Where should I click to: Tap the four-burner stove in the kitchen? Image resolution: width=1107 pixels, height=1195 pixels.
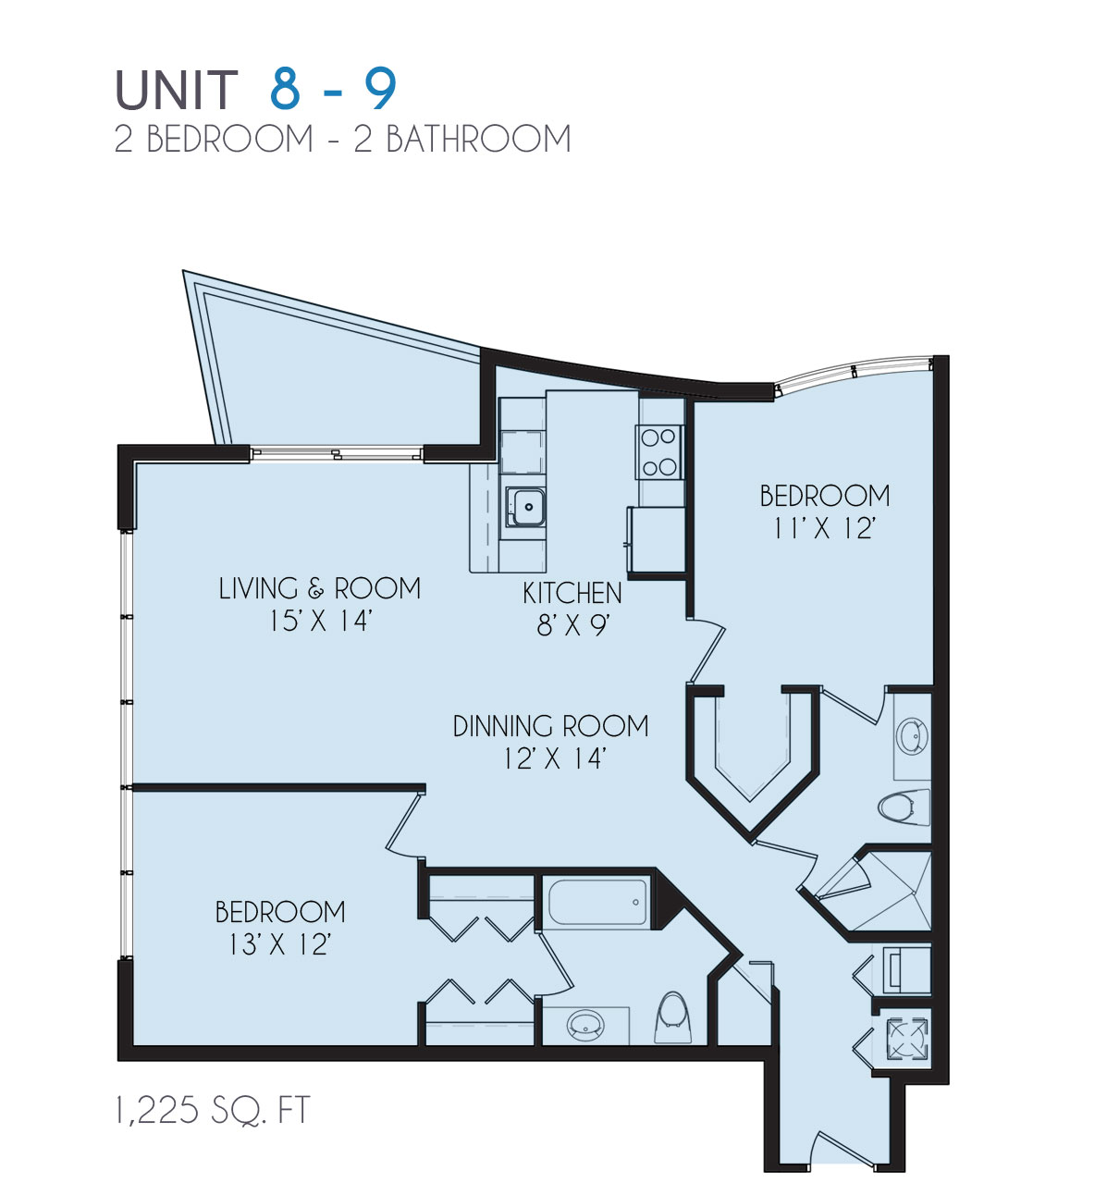tap(658, 451)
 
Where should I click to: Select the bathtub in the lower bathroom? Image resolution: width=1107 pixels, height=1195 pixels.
tap(596, 903)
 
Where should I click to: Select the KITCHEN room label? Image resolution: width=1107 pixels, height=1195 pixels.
tap(572, 593)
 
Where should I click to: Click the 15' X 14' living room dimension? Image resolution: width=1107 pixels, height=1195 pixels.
tap(319, 621)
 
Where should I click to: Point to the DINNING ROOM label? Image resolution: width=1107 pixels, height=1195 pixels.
tap(550, 726)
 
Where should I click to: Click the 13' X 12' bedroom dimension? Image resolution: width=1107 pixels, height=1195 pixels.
tap(279, 944)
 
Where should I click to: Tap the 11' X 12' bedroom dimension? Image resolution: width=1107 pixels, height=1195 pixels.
tap(824, 528)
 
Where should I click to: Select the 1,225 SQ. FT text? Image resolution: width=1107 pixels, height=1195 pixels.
tap(212, 1110)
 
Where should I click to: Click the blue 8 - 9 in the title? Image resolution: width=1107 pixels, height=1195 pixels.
tap(334, 90)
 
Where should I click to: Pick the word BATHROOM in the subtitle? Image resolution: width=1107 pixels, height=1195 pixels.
tap(477, 140)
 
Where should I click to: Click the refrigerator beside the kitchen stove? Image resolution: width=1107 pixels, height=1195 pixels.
tap(657, 539)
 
